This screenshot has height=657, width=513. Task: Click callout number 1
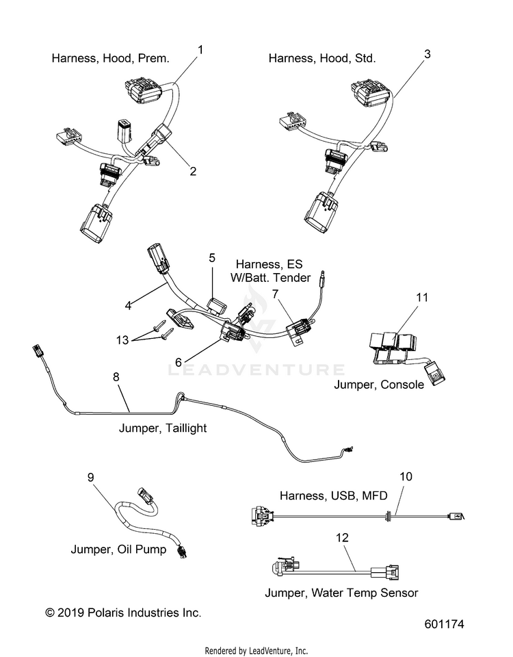click(x=200, y=50)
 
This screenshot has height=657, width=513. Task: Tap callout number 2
click(x=193, y=171)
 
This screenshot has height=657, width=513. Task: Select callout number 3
click(x=427, y=54)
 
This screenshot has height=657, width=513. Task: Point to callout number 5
click(x=212, y=258)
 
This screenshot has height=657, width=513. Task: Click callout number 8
click(x=116, y=376)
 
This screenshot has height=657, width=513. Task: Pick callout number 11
click(x=422, y=297)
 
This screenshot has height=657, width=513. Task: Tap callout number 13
click(x=122, y=339)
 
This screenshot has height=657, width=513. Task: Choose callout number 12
click(x=342, y=538)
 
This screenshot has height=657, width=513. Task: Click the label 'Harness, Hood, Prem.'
click(x=111, y=58)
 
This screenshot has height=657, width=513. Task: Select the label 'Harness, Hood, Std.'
click(x=322, y=58)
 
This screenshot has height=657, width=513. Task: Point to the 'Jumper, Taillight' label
click(x=163, y=428)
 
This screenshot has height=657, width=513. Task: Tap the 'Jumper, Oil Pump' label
click(x=118, y=550)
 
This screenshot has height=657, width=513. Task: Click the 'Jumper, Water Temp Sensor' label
click(x=341, y=593)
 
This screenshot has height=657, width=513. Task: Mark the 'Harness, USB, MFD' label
click(x=333, y=495)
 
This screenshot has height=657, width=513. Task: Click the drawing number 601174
click(x=445, y=624)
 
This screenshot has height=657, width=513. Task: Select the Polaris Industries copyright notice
click(x=123, y=613)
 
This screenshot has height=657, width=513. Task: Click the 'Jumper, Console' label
click(x=378, y=384)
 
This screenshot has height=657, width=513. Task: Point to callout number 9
click(x=91, y=477)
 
